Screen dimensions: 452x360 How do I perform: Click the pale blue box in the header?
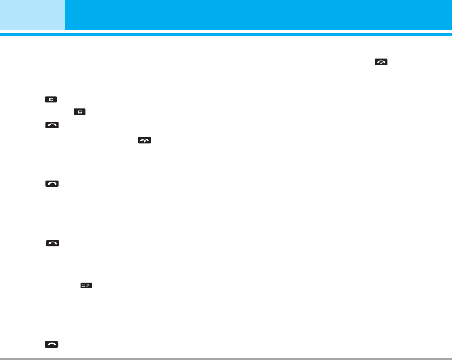pos(32,15)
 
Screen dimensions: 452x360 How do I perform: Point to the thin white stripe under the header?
pos(227,32)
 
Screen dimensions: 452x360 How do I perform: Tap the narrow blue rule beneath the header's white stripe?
pos(227,35)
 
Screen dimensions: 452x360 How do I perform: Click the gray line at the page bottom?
pos(227,358)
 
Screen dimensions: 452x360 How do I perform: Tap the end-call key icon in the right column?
pos(380,62)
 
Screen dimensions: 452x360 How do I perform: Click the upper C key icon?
pos(52,99)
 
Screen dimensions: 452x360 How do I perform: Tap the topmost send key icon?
pos(52,125)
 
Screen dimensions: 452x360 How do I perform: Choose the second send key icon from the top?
pos(52,183)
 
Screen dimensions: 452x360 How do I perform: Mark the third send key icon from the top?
pos(52,242)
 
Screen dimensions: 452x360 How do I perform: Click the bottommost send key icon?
pos(52,344)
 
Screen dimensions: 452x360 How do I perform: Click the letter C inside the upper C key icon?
pos(52,99)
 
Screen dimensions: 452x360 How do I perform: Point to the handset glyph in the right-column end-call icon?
pos(380,62)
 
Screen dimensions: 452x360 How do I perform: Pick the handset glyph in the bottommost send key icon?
pos(52,344)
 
